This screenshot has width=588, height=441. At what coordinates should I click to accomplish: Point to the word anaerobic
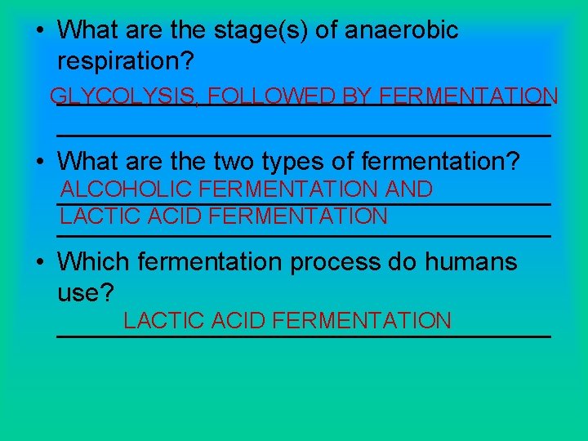coord(402,31)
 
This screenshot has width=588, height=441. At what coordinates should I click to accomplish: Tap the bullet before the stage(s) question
coord(40,31)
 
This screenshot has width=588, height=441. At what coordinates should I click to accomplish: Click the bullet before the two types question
coord(40,161)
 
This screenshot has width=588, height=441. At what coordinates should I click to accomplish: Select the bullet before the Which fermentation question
coord(40,262)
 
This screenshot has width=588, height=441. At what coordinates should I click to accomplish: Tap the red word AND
coord(408,189)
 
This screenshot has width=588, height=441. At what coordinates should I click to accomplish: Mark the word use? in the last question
coord(86,292)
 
